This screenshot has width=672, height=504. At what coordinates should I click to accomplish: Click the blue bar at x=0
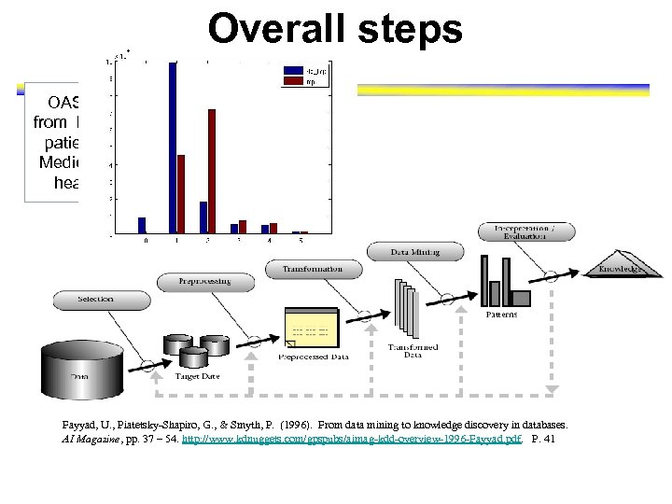click(x=142, y=225)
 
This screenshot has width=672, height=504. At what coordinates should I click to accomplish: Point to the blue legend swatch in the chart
click(x=287, y=71)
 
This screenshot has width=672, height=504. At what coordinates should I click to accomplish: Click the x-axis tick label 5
click(x=301, y=241)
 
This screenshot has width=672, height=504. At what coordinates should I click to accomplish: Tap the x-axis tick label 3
click(x=239, y=241)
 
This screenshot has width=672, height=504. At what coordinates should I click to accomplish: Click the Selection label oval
click(x=97, y=300)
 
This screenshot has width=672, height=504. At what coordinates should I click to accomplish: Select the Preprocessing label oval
click(x=205, y=280)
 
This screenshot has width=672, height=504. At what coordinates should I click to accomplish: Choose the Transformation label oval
click(x=312, y=269)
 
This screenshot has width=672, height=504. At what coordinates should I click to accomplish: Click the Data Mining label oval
click(x=402, y=251)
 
